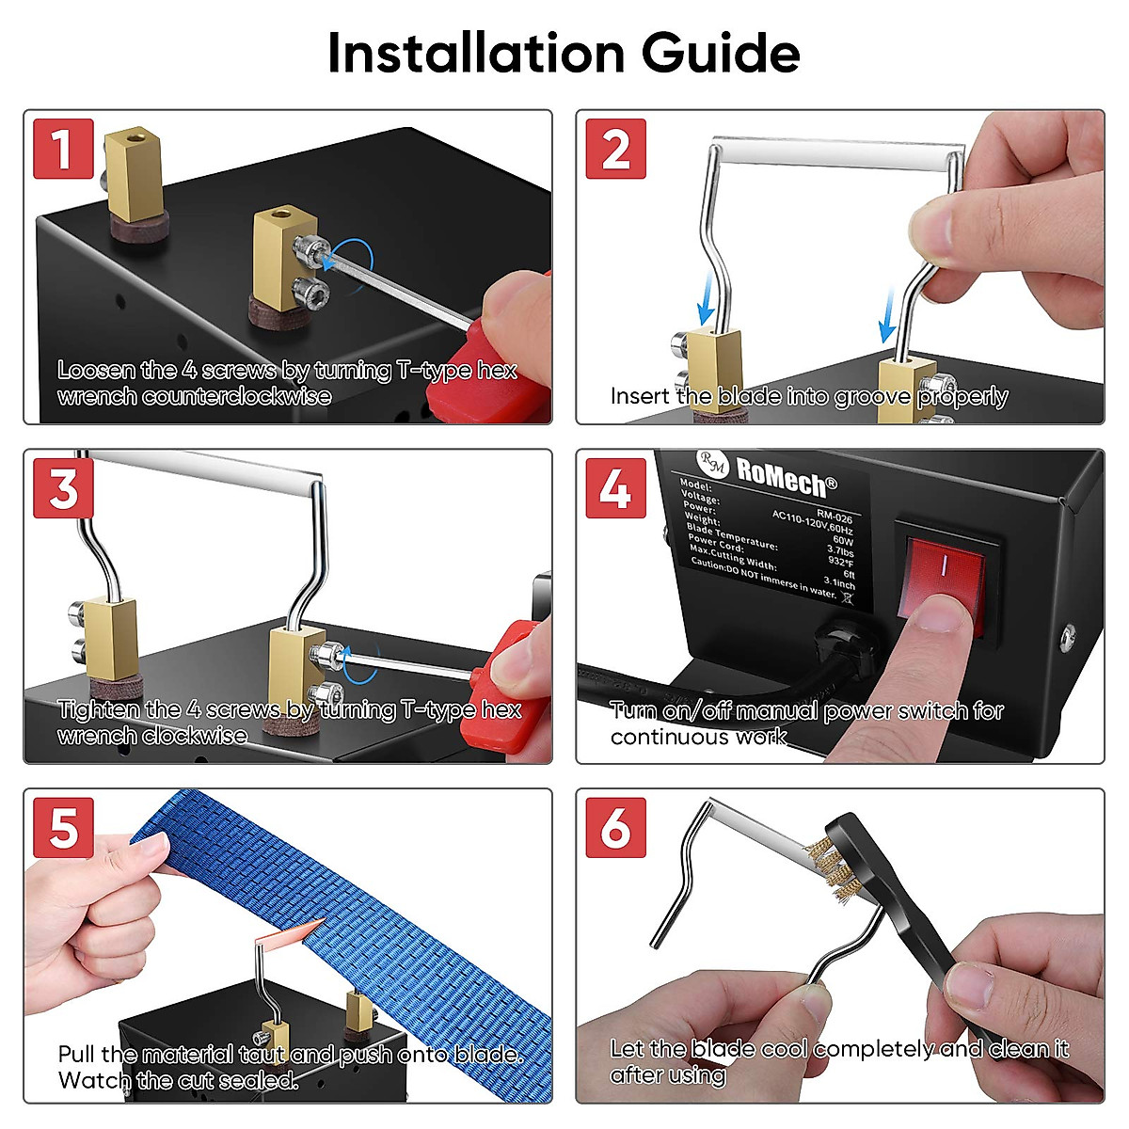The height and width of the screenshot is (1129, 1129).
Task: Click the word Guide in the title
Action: (721, 54)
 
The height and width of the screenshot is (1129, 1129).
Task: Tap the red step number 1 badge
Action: (63, 149)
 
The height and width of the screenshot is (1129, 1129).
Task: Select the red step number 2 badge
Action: (615, 149)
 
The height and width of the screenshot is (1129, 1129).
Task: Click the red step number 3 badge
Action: (63, 488)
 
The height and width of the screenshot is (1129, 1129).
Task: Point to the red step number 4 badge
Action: (615, 488)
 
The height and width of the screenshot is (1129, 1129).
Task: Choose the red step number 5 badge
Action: (63, 827)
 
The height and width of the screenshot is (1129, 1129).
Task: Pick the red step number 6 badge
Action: (615, 827)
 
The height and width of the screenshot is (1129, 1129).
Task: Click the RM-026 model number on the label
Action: (835, 517)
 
